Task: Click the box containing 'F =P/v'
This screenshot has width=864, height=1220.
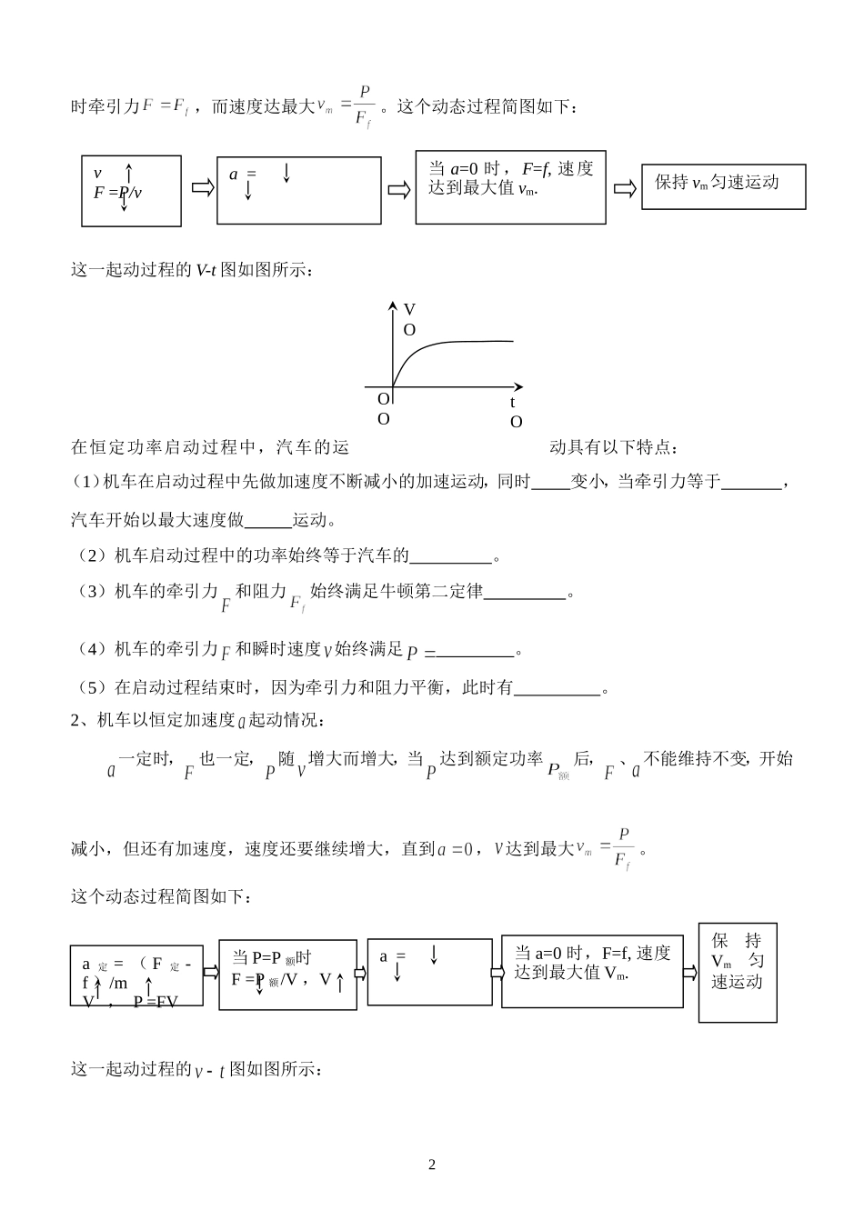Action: click(131, 191)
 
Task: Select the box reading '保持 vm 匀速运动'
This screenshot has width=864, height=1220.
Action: click(723, 185)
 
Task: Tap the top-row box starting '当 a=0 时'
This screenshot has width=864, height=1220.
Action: click(510, 186)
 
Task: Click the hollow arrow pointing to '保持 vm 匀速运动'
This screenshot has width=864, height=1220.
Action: click(624, 188)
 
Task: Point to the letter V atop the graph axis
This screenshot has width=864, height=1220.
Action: click(409, 309)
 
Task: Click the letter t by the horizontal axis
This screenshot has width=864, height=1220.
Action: click(512, 402)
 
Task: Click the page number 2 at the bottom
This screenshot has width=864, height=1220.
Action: click(432, 1165)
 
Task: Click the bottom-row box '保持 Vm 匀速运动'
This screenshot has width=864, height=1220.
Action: click(738, 972)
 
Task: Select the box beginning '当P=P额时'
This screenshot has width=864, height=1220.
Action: click(287, 975)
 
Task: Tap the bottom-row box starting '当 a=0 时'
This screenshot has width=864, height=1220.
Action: click(592, 972)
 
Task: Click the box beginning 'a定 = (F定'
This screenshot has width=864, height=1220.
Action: click(136, 975)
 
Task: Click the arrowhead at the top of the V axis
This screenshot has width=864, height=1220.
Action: click(392, 305)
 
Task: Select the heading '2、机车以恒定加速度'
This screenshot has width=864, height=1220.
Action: click(196, 720)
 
